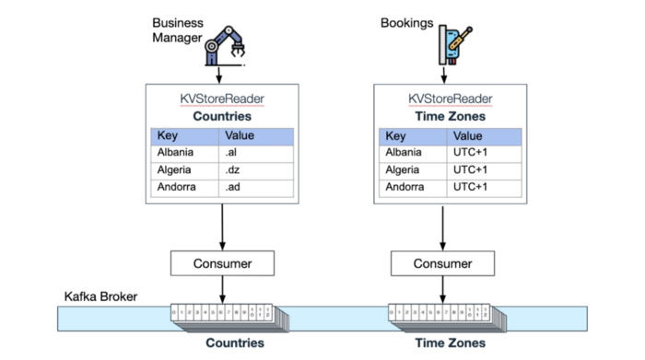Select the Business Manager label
(x=178, y=30)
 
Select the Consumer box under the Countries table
(x=222, y=264)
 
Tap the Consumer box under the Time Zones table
(x=443, y=264)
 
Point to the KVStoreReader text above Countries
(x=222, y=99)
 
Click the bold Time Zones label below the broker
(x=443, y=343)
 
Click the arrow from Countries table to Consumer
(x=222, y=226)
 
